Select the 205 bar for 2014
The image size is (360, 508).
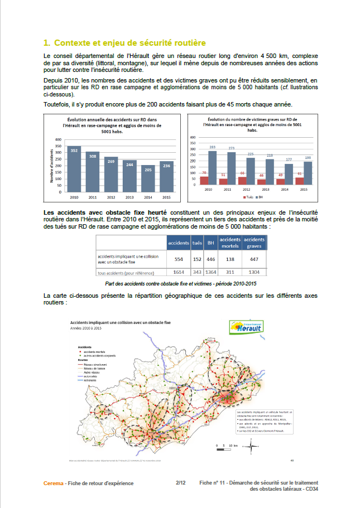pyautogui.click(x=147, y=179)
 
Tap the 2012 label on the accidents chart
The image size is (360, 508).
pyautogui.click(x=111, y=197)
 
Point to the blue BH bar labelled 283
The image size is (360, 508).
pyautogui.click(x=213, y=167)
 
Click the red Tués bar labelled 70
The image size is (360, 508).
pyautogui.click(x=204, y=181)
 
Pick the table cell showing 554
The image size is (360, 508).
pyautogui.click(x=178, y=259)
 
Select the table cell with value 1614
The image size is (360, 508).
pyautogui.click(x=178, y=273)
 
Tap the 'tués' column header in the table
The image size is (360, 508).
pyautogui.click(x=196, y=243)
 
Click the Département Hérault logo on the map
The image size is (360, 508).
pyautogui.click(x=245, y=327)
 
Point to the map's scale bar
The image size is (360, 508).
pyautogui.click(x=225, y=446)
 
